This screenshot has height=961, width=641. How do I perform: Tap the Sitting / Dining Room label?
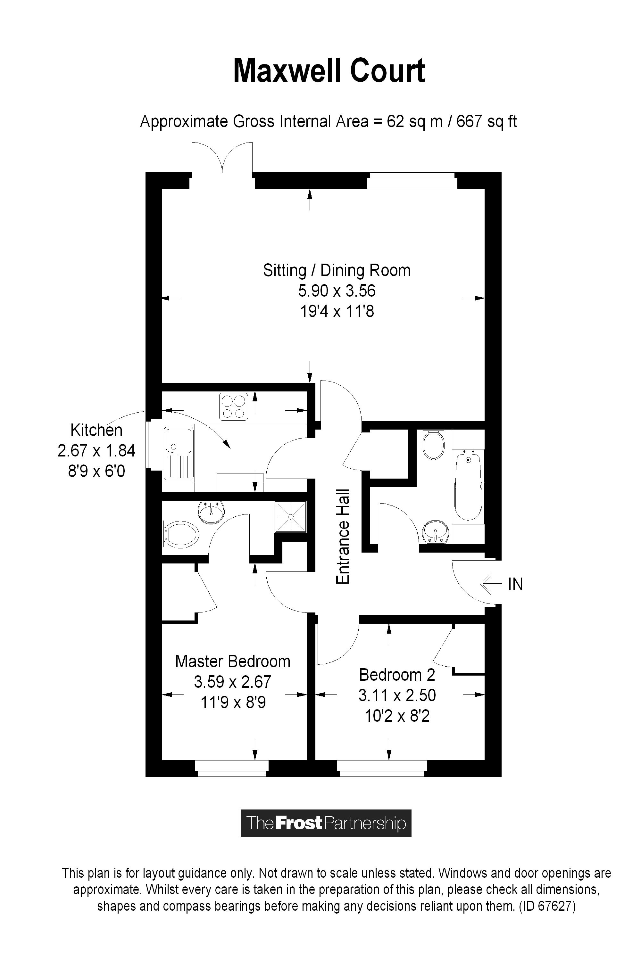tap(337, 270)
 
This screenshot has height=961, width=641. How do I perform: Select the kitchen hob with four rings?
tap(233, 406)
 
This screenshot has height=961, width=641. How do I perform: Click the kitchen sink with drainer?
tap(179, 453)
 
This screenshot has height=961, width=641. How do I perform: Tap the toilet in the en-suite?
tap(181, 534)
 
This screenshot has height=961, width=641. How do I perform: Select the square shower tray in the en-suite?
tap(291, 517)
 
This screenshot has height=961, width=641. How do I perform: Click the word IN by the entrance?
tap(515, 584)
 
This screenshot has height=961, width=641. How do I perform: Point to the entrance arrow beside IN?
tap(491, 584)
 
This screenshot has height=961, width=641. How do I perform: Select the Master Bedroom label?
tap(233, 661)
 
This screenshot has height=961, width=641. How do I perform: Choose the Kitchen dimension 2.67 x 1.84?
tap(96, 451)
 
